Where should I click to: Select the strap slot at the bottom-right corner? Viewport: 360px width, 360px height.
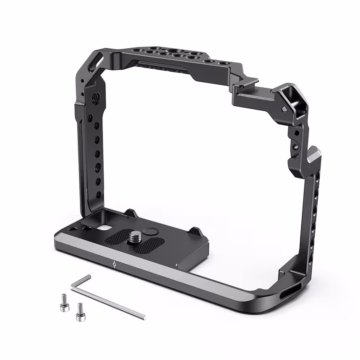[287, 292]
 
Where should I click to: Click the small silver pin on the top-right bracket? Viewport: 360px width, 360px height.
[285, 109]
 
